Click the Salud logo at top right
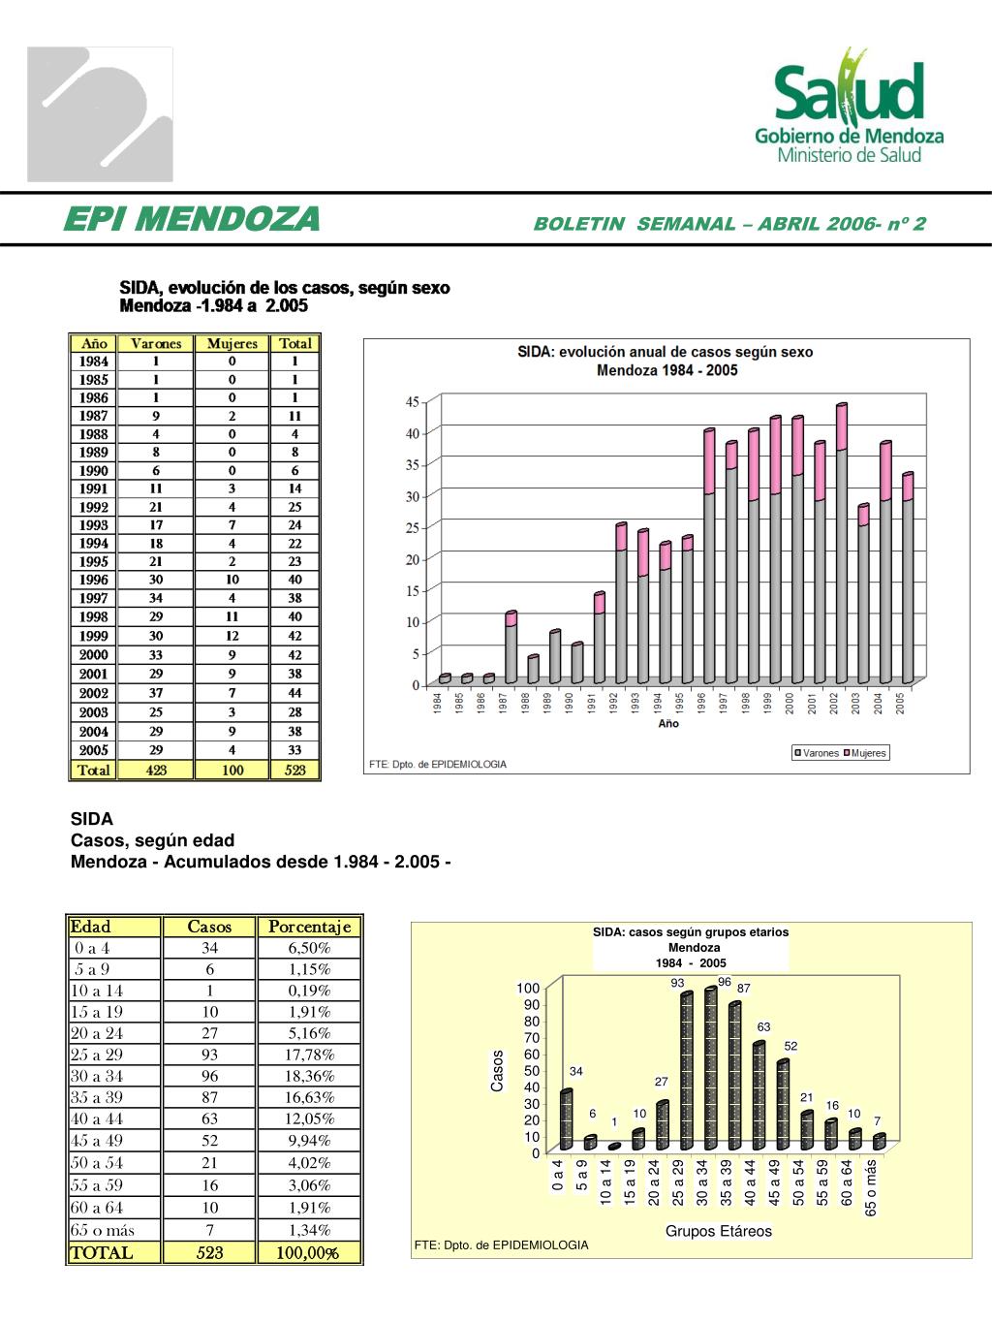click(x=850, y=107)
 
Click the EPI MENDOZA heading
click(x=191, y=220)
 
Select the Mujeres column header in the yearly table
click(x=232, y=343)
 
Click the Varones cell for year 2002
click(x=156, y=693)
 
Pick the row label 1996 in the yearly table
click(x=94, y=580)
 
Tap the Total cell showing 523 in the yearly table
click(x=294, y=771)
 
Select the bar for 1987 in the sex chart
click(x=511, y=647)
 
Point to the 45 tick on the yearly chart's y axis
click(x=413, y=401)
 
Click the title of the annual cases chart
click(x=666, y=361)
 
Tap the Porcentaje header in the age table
click(x=309, y=927)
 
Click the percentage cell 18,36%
click(x=309, y=1076)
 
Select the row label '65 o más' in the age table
click(x=103, y=1230)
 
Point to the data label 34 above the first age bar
click(x=576, y=1071)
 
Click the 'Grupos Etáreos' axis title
click(x=718, y=1231)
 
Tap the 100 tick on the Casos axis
click(x=528, y=989)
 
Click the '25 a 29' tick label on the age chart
click(x=678, y=1182)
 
